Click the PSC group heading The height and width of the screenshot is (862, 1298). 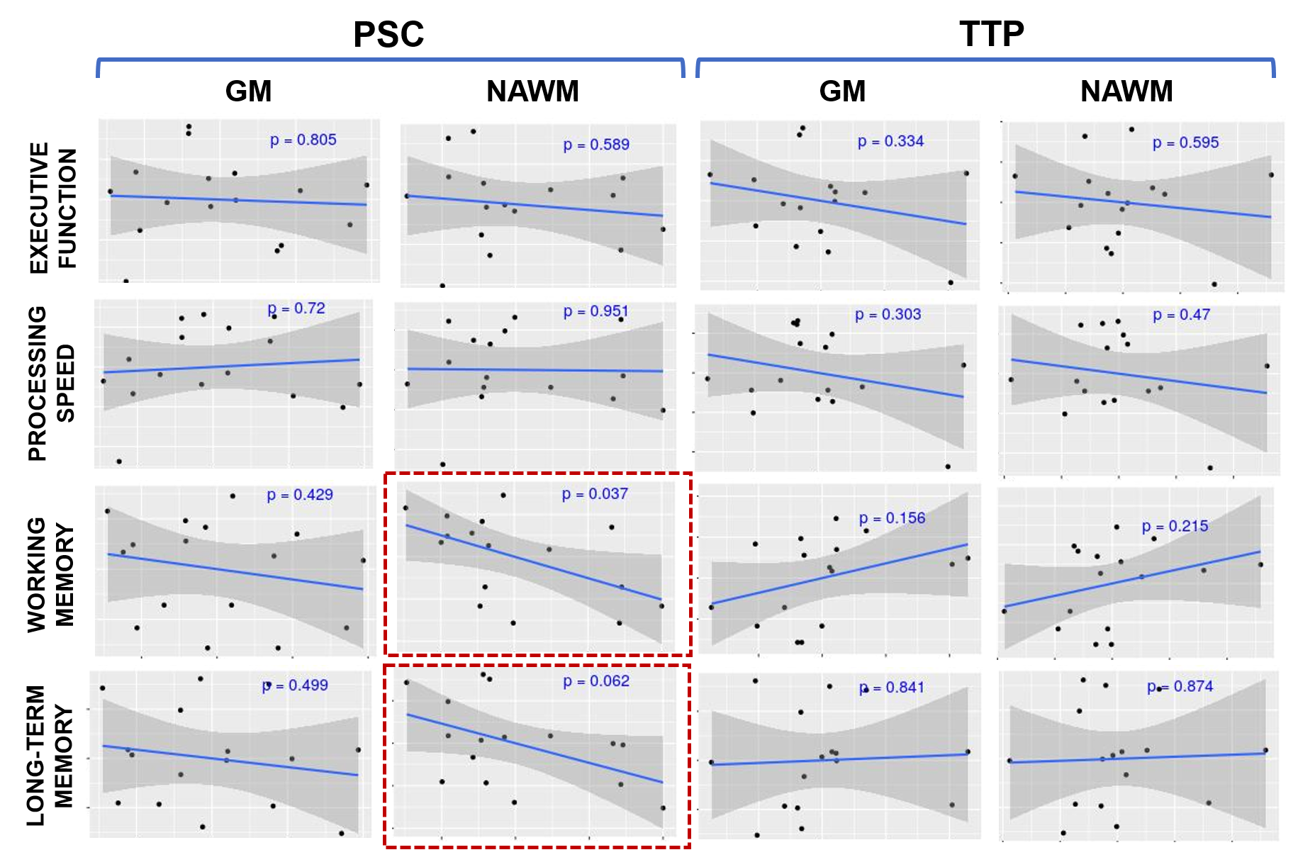[x=388, y=34]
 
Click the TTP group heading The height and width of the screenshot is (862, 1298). [x=991, y=34]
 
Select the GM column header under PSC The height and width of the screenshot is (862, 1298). [x=248, y=91]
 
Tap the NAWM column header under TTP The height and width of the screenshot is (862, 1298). [x=1126, y=91]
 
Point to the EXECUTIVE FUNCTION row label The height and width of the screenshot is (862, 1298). [x=52, y=207]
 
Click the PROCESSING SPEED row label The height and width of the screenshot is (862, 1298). [x=51, y=384]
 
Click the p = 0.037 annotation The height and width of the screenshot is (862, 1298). [x=595, y=494]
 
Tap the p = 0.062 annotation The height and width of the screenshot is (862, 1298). [x=596, y=681]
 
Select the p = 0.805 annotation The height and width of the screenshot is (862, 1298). [x=303, y=140]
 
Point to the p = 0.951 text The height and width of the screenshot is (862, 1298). [x=595, y=311]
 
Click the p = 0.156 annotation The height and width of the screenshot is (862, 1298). [x=892, y=518]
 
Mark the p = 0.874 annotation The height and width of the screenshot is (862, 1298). [x=1180, y=686]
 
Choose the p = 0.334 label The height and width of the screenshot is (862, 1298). [x=890, y=141]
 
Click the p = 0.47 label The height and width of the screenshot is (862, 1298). [x=1181, y=315]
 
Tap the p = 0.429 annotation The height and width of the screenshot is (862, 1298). [x=300, y=495]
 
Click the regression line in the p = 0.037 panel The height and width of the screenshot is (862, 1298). [x=533, y=562]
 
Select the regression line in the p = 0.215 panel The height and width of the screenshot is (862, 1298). [x=1132, y=579]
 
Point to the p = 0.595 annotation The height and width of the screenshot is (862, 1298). [x=1185, y=142]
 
